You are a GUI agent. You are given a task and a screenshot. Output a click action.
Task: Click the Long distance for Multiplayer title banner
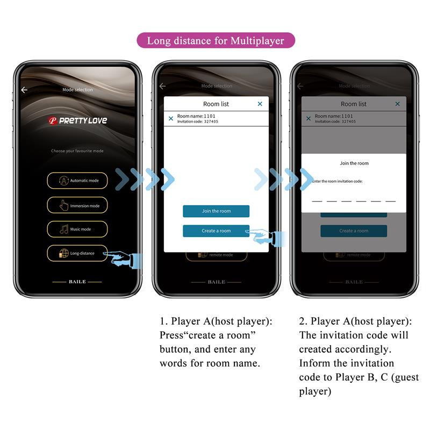point(215,41)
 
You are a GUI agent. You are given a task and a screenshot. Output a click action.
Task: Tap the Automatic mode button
point(77,181)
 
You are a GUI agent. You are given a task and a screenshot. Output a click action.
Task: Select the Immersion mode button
point(77,205)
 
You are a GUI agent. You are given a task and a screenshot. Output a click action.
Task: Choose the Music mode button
point(77,230)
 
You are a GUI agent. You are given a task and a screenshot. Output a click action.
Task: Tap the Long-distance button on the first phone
point(77,253)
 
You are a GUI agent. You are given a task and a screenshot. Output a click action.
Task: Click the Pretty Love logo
point(77,120)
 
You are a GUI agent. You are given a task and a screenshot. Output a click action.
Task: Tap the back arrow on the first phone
point(24,90)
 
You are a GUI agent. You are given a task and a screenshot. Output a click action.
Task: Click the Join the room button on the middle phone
point(216,211)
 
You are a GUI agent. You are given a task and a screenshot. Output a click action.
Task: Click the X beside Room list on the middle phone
point(260,104)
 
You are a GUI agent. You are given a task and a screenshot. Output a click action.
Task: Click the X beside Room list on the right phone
point(398,104)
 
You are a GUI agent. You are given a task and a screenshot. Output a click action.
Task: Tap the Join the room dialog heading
point(354,163)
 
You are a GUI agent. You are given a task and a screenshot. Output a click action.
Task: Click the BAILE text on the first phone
point(77,282)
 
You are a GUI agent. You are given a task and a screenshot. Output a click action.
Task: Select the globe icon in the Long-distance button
point(63,253)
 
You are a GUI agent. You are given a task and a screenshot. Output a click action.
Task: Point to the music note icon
point(64,230)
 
